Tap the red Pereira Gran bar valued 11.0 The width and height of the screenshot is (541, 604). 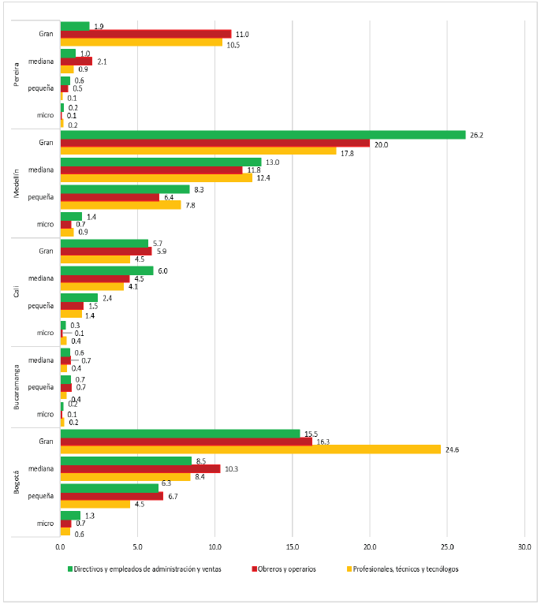click(x=146, y=34)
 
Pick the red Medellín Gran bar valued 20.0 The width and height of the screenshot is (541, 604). click(x=215, y=143)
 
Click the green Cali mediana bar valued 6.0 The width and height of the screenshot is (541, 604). click(x=107, y=270)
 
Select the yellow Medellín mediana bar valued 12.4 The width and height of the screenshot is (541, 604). click(x=156, y=177)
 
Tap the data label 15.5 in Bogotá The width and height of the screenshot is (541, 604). click(x=311, y=434)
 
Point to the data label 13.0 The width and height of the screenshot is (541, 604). click(x=272, y=162)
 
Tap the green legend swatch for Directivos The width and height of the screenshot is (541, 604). click(x=70, y=569)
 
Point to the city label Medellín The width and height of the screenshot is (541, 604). click(x=17, y=183)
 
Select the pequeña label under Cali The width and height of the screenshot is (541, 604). click(x=40, y=306)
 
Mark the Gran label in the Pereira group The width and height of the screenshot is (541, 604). click(x=46, y=34)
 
